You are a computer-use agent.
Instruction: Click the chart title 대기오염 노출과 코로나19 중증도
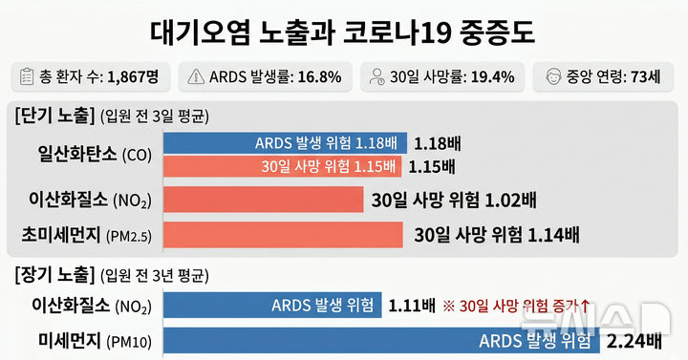tap(344, 32)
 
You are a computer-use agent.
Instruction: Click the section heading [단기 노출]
tap(56, 116)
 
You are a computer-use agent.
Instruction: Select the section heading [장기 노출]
tap(56, 277)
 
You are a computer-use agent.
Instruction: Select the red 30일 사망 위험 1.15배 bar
tap(282, 166)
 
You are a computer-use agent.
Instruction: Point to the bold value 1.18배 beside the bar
tap(438, 144)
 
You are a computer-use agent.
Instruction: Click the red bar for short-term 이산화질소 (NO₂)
tap(264, 201)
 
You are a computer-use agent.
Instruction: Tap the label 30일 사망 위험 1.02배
tap(455, 201)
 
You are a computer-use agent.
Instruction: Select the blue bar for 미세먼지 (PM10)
tap(382, 341)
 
